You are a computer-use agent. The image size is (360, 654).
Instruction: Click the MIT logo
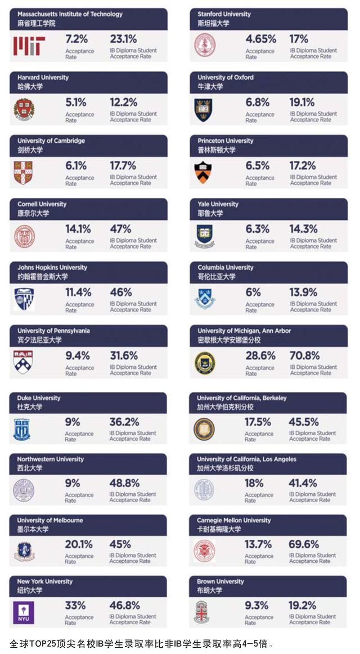coord(29,46)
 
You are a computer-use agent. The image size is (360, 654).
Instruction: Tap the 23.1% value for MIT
coord(123,39)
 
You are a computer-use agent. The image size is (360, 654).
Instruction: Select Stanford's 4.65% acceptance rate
coord(260,39)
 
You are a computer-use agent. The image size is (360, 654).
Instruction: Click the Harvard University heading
coord(43,78)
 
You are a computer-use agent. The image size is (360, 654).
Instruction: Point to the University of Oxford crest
coord(204,109)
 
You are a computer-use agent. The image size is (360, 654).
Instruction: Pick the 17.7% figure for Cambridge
coord(123,165)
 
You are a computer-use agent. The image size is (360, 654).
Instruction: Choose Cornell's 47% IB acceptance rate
coord(120,229)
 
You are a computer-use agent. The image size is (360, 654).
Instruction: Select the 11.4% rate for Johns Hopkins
coord(78,292)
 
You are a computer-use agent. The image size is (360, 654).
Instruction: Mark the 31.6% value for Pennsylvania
coord(123,355)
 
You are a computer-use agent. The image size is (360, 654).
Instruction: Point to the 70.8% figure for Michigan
coord(304,355)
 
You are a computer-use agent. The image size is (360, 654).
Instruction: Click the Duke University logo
coord(22,429)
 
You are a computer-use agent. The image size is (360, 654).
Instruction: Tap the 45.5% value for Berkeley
coord(304,422)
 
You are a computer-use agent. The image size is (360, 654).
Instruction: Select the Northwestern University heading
coord(50,459)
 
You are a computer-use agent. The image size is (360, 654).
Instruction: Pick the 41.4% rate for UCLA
coord(303,483)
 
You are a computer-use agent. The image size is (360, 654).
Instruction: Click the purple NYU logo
coord(24,612)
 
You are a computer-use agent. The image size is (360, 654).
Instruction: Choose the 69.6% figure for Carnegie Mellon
coord(304,544)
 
